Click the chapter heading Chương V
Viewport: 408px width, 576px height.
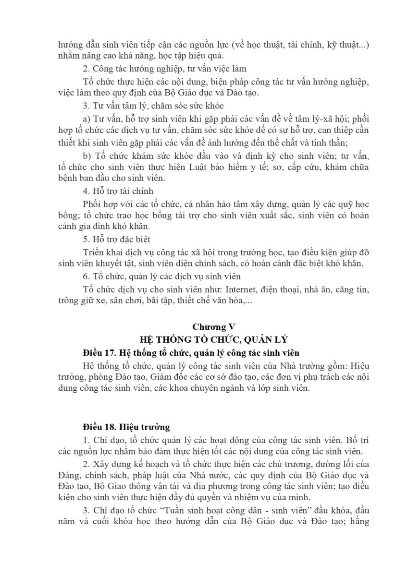coord(210,327)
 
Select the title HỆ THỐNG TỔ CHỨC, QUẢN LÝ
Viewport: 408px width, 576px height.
coord(210,340)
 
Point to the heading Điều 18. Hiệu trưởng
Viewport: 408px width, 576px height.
coord(126,426)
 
